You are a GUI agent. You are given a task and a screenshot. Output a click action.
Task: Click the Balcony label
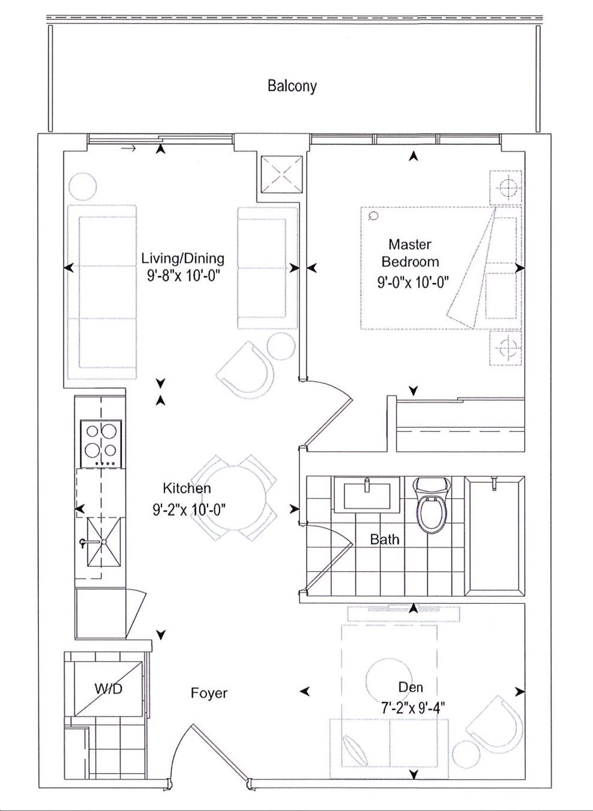click(292, 86)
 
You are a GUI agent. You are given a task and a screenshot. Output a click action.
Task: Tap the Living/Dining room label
click(183, 258)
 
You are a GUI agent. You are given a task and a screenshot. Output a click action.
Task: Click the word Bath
click(385, 539)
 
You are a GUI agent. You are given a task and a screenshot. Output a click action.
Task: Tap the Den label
click(411, 687)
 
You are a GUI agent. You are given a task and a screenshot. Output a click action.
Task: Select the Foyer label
click(209, 693)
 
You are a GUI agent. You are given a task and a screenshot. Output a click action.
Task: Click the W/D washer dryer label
click(109, 689)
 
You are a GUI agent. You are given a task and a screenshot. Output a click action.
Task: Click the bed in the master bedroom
click(441, 268)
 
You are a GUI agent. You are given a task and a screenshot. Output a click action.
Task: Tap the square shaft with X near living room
click(282, 175)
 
